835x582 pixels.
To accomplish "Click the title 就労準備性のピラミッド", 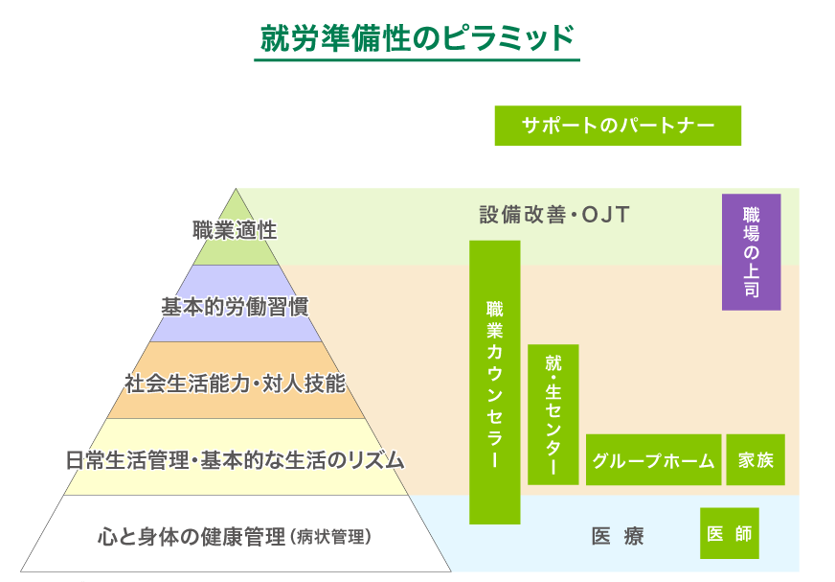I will pos(417,38).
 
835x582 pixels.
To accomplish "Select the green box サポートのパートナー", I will pos(618,126).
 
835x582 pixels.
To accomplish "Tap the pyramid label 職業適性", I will pos(235,230).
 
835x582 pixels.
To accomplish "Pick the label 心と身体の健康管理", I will pos(192,535).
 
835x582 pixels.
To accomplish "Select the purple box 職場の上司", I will pos(751,252).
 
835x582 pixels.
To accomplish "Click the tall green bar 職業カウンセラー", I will pos(494,383).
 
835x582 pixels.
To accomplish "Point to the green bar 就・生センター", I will pos(553,414).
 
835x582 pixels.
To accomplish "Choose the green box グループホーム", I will pos(653,460).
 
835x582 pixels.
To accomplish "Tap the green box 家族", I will pos(756,460).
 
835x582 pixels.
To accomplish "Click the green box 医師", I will pos(729,534).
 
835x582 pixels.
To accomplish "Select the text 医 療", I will pos(618,536).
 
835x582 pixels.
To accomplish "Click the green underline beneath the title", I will pos(417,60).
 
